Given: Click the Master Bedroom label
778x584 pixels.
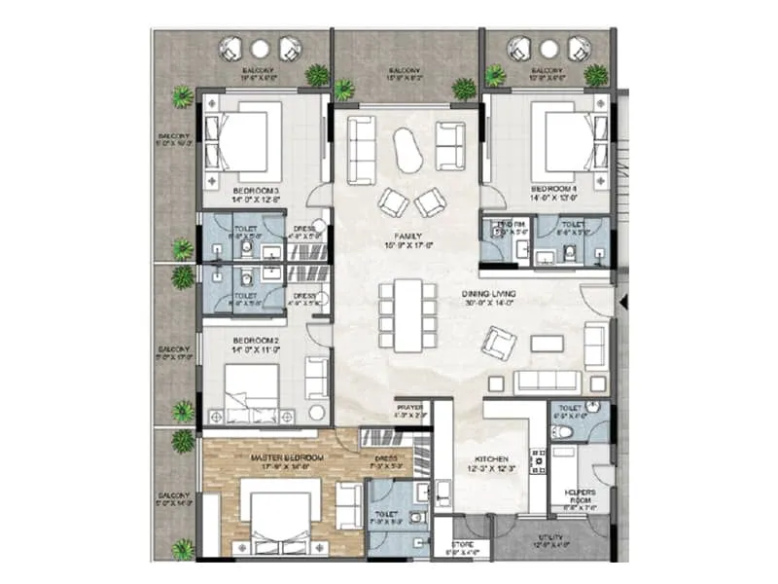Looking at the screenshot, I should pos(286,456).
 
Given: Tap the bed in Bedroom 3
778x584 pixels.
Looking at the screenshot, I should pos(237,143).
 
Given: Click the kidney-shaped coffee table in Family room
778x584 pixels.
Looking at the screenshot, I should pos(407,151).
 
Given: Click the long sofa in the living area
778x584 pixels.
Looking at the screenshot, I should pos(547,381).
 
